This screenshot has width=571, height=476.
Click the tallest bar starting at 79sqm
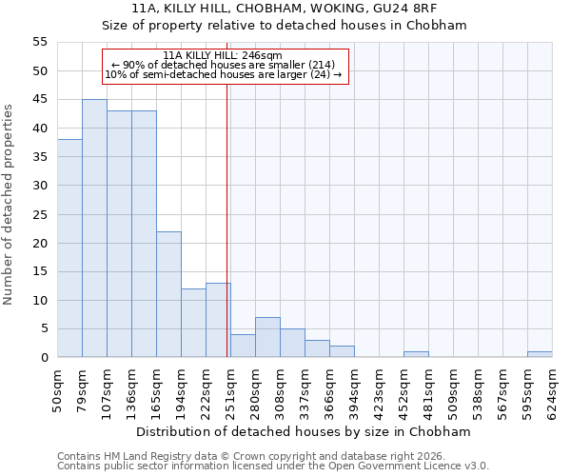(94, 228)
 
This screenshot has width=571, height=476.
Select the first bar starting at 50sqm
(69, 248)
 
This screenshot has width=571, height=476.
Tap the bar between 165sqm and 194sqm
(168, 294)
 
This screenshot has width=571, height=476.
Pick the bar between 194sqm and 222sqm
(193, 323)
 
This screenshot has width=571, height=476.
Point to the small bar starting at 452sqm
(416, 354)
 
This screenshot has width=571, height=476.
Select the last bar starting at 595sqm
(540, 354)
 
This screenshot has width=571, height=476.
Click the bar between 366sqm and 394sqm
(342, 351)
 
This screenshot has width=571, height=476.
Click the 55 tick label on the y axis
(40, 42)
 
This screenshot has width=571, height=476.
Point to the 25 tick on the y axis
(40, 214)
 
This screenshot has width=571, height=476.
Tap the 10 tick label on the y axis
(40, 300)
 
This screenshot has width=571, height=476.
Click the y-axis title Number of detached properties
(10, 205)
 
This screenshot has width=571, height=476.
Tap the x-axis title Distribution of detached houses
(305, 431)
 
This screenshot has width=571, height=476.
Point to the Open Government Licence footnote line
(273, 466)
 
